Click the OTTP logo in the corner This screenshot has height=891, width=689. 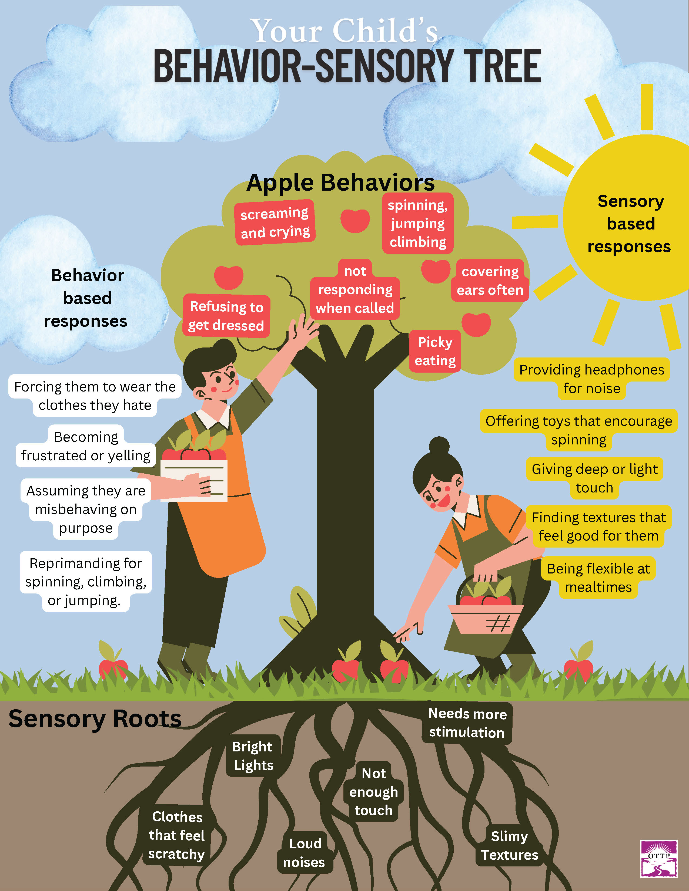659,858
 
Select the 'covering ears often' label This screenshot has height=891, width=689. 490,281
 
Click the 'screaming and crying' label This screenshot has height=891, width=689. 275,223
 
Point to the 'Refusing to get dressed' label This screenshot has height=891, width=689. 226,316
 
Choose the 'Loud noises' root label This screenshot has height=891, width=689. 305,853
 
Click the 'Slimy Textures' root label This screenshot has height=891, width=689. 509,845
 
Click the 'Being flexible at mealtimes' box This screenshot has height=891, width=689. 598,578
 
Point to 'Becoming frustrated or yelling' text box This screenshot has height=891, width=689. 86,446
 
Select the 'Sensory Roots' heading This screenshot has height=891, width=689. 95,719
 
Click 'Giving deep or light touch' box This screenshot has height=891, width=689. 594,478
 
